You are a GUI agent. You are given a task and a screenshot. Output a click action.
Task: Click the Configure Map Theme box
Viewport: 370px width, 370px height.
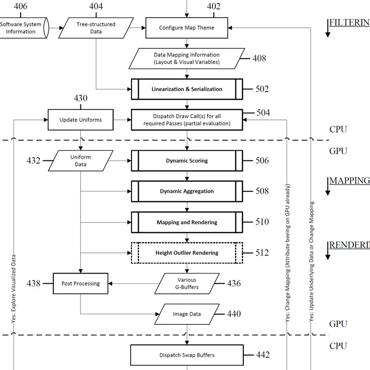[x=187, y=28]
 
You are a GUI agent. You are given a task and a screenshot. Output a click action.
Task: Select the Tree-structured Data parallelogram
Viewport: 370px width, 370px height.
[x=96, y=28]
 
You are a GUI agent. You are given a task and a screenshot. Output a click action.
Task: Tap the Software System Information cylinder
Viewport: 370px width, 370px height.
[x=22, y=28]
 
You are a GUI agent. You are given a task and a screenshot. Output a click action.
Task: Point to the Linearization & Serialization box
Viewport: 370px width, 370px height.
[x=187, y=89]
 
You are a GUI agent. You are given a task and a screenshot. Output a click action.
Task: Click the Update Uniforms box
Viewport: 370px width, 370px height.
[x=80, y=119]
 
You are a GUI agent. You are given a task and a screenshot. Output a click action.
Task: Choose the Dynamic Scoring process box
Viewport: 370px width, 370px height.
[x=187, y=160]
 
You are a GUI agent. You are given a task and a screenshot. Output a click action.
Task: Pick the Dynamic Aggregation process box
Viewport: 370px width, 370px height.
[x=187, y=191]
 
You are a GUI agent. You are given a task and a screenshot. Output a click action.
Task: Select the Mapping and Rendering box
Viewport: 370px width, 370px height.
[x=187, y=222]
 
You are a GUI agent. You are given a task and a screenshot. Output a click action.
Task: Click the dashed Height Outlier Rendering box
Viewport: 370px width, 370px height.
[x=187, y=252]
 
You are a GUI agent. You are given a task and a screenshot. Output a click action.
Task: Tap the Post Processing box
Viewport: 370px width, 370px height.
[x=80, y=283]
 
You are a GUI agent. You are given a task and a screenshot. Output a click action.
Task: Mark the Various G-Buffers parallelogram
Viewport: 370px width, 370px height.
[x=187, y=284]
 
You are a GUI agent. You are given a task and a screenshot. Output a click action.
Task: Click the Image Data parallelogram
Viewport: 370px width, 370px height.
[x=187, y=314]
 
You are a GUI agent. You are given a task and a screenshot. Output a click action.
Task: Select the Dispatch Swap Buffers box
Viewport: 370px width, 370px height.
[x=187, y=355]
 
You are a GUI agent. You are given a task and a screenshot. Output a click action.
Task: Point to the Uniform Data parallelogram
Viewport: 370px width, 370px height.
[x=81, y=160]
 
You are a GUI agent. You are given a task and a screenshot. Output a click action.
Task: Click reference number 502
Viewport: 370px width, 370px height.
[x=262, y=89]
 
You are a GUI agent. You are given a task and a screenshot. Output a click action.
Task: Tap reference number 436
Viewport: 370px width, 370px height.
[x=234, y=283]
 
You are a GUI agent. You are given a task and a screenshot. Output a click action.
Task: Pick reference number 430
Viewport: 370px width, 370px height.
[x=80, y=98]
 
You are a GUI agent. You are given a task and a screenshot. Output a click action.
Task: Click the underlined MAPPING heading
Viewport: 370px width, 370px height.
[x=349, y=181]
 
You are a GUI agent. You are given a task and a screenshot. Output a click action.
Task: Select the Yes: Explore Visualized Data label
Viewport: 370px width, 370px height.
[x=13, y=288]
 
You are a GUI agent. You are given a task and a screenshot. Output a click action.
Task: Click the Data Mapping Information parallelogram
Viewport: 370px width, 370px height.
[x=187, y=58]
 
